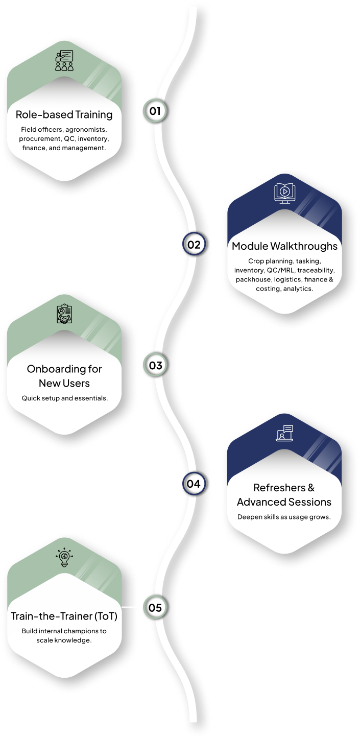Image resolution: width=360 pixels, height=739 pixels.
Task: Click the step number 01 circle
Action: [155, 111]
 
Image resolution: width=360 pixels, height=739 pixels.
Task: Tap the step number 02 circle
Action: [194, 245]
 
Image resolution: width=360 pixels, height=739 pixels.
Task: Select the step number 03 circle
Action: [155, 366]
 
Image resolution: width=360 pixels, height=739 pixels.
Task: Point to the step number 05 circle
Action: [155, 608]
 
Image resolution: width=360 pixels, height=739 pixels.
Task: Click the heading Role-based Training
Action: [64, 114]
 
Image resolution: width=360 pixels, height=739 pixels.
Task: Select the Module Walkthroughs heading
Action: [284, 246]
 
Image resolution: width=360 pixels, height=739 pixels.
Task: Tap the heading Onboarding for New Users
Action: [64, 375]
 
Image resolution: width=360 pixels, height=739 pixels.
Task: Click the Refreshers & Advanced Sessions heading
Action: [284, 494]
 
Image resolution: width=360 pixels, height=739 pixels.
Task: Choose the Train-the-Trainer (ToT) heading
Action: [64, 616]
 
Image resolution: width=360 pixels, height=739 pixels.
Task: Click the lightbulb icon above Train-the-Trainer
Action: [64, 559]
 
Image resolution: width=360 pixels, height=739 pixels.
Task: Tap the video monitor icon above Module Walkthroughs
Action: [284, 192]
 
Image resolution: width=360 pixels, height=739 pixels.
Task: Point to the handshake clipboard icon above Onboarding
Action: [64, 315]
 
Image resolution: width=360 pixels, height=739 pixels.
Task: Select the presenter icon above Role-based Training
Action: [64, 61]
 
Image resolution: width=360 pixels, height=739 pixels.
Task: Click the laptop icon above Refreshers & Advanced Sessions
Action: [284, 434]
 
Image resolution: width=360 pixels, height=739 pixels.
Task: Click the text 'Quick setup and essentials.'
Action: [64, 398]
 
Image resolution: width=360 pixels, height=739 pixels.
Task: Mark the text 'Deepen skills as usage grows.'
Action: [284, 517]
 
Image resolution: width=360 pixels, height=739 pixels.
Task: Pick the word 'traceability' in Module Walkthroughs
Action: [316, 270]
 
